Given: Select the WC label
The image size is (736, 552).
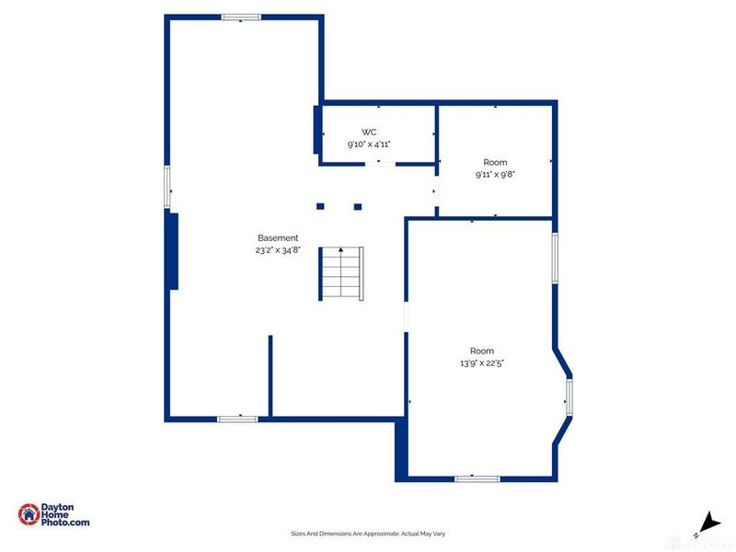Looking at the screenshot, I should pyautogui.click(x=369, y=132).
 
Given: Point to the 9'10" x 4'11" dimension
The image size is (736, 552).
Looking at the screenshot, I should pyautogui.click(x=369, y=144).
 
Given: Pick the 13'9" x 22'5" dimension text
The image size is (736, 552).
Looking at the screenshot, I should pyautogui.click(x=482, y=363).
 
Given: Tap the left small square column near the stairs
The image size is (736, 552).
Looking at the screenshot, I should pyautogui.click(x=320, y=206).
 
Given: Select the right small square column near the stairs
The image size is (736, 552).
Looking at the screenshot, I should pyautogui.click(x=358, y=206).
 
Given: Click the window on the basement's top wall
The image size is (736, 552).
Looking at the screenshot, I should pyautogui.click(x=241, y=17).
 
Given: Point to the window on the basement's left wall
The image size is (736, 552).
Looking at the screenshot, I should pyautogui.click(x=167, y=187).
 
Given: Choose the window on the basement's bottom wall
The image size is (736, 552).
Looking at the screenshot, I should pyautogui.click(x=237, y=419).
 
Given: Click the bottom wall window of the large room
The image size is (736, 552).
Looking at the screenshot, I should pyautogui.click(x=477, y=478).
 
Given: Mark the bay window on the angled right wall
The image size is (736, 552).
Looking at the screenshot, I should pyautogui.click(x=569, y=396).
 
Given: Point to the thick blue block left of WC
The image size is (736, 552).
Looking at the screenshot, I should pyautogui.click(x=317, y=130).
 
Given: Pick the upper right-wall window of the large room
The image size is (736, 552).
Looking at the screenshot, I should pyautogui.click(x=555, y=257).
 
